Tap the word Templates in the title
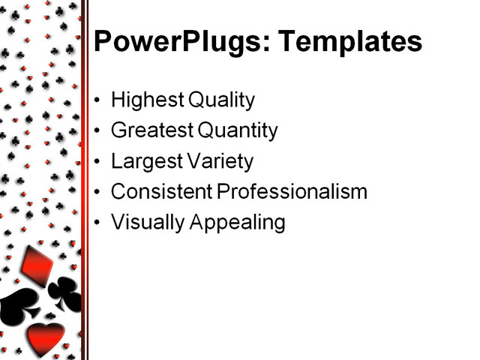point(350,42)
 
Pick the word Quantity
point(238,130)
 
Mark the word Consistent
point(161,192)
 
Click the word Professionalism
point(292,192)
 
